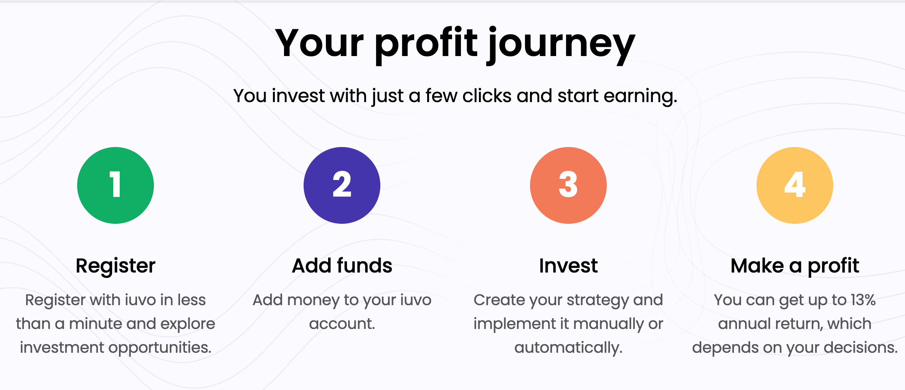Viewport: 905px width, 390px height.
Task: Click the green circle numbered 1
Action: [116, 185]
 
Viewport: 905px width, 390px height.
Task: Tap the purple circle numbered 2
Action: [342, 185]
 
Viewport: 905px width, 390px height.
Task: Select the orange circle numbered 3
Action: [568, 185]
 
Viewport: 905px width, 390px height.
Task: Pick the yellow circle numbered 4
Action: [795, 185]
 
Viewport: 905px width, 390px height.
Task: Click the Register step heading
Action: [116, 266]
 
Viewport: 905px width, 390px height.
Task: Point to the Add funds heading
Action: [342, 265]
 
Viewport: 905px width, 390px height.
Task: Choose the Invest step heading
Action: [568, 265]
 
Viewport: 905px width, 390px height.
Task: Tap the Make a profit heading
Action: [795, 266]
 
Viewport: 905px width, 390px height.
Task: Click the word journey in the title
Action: [562, 45]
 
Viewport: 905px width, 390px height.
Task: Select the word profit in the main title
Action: [426, 45]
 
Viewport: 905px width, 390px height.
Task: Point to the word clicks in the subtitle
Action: [487, 96]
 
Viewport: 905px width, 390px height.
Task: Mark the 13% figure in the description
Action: [863, 300]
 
